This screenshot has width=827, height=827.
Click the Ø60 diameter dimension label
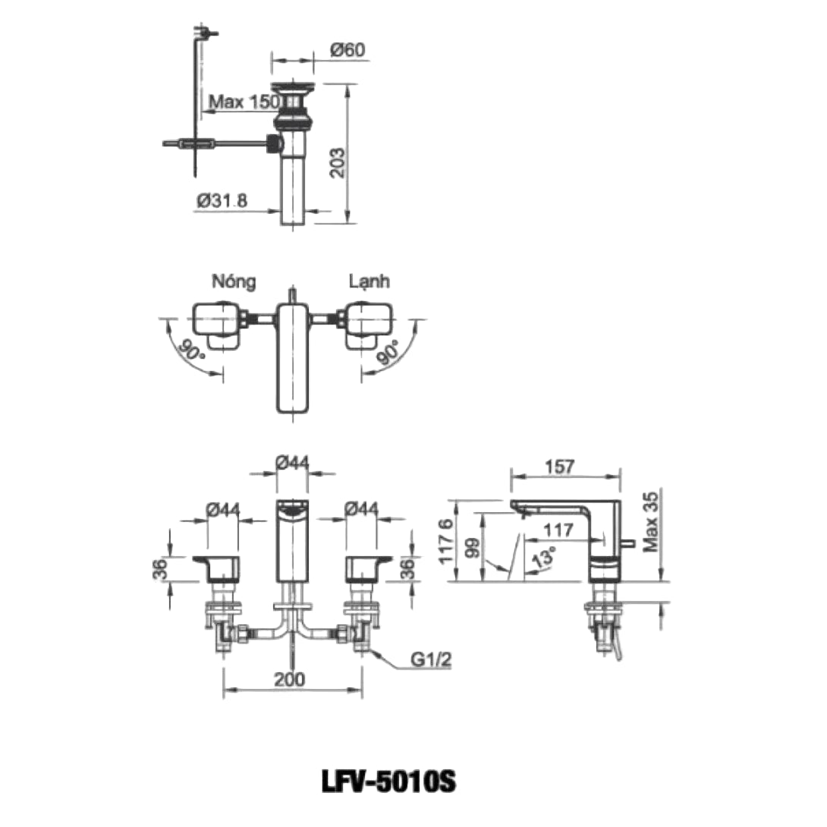(348, 49)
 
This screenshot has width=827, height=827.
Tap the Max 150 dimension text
(244, 102)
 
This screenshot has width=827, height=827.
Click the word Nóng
(234, 281)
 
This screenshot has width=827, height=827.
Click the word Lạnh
(369, 281)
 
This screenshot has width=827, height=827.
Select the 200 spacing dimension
(290, 679)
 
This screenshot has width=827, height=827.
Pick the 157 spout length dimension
(560, 467)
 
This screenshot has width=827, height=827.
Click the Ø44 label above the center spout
(293, 461)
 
